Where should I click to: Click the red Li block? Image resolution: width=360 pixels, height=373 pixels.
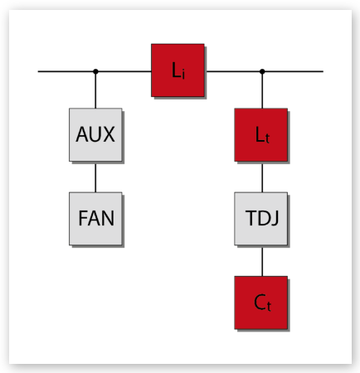pos(178,70)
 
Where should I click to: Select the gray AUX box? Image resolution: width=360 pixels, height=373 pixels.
pos(95,134)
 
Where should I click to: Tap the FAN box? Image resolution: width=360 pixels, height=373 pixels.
pos(95,219)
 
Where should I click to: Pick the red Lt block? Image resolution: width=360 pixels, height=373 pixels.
pos(261,134)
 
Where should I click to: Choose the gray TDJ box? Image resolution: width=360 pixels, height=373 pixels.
pos(261,219)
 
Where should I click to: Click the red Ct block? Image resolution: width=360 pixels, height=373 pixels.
pos(261,303)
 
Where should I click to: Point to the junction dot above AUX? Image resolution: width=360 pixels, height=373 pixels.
pos(95,71)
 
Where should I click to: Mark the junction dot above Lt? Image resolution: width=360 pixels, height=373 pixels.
pos(262,71)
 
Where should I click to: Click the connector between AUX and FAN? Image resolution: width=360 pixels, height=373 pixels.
pos(95,177)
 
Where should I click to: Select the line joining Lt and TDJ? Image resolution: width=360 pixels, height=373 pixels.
pos(262,177)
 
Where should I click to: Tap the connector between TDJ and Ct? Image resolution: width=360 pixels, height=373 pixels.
pos(262,260)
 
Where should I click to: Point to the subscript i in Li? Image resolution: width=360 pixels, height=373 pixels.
pos(183,74)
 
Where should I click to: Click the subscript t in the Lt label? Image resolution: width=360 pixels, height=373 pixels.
pos(267,138)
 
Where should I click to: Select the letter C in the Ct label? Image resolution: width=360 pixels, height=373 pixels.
pos(260,302)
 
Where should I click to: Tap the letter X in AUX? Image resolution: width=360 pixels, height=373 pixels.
pos(109,134)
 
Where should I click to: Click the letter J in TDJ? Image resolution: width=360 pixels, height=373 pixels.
pos(275,219)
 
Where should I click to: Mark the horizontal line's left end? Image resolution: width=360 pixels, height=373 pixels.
pos(38,71)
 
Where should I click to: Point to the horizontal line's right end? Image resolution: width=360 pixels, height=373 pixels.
pos(323,71)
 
